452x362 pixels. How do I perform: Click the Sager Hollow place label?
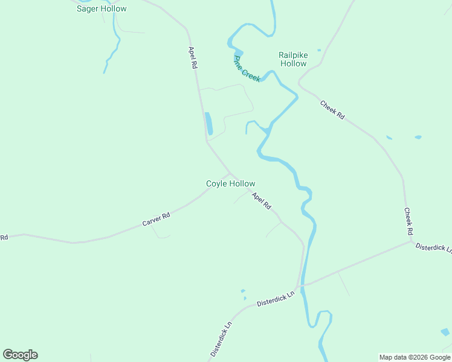click(x=102, y=9)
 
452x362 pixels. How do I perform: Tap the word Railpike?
click(x=294, y=55)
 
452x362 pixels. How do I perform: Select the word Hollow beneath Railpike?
click(x=294, y=63)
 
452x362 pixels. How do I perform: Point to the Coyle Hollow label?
click(x=230, y=184)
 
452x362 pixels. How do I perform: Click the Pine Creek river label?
click(x=247, y=69)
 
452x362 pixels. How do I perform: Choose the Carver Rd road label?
click(x=157, y=218)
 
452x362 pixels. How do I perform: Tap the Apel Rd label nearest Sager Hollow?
click(x=193, y=57)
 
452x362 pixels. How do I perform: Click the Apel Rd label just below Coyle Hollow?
click(x=262, y=200)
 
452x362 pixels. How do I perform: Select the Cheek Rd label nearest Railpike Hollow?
click(x=332, y=110)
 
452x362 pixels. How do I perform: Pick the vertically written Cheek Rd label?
click(x=408, y=222)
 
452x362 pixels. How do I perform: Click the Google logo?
click(x=20, y=354)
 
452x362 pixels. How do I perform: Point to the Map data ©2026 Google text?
click(x=415, y=357)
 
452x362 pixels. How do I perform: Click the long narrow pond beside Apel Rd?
click(x=208, y=123)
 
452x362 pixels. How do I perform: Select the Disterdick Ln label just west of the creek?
click(x=275, y=298)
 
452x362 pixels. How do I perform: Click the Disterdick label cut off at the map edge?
click(x=433, y=248)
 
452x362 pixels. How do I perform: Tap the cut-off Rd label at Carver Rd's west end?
click(x=4, y=237)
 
